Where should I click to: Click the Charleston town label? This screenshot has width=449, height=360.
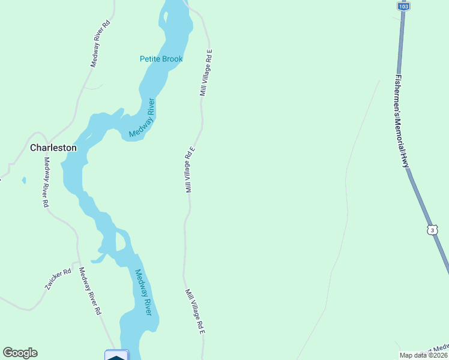pyautogui.click(x=53, y=148)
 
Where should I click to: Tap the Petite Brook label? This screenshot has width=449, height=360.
pyautogui.click(x=161, y=59)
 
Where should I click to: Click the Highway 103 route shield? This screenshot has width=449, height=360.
pyautogui.click(x=403, y=6)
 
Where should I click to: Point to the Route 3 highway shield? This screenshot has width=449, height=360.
pyautogui.click(x=432, y=230)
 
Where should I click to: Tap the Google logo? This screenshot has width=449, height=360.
pyautogui.click(x=20, y=353)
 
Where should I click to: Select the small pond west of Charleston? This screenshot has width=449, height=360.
pyautogui.click(x=23, y=179)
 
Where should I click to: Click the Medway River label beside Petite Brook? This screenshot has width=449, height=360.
pyautogui.click(x=143, y=118)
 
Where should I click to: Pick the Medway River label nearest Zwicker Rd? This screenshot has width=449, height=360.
pyautogui.click(x=143, y=292)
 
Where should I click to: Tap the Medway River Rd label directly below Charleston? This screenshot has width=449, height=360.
pyautogui.click(x=46, y=182)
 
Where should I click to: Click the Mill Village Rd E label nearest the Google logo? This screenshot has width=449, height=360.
pyautogui.click(x=196, y=311)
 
